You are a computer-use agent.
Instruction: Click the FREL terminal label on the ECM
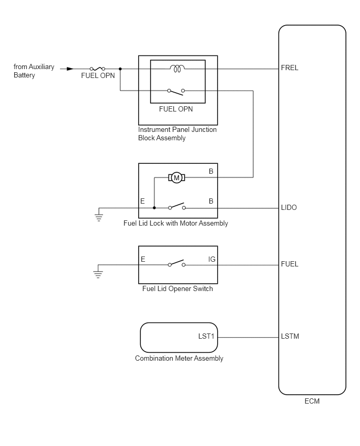[289, 68]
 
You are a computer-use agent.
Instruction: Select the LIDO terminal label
[289, 207]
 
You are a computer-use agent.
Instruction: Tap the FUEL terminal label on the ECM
[289, 264]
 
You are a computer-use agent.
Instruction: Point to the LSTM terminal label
[290, 336]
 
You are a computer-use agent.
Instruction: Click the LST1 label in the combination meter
[206, 336]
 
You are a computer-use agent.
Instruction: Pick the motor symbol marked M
[176, 178]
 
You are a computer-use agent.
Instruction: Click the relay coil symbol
[177, 69]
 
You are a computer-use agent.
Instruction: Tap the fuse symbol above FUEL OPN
[97, 69]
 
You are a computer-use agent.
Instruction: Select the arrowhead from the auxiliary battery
[70, 69]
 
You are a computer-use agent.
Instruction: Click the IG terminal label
[212, 259]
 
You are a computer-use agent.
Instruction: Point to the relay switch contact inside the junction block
[176, 92]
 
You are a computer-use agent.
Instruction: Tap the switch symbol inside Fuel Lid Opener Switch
[176, 263]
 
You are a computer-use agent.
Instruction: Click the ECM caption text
[312, 401]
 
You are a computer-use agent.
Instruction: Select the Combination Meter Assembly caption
[179, 359]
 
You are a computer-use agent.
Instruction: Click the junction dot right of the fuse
[120, 69]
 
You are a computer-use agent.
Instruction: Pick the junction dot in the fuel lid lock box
[154, 208]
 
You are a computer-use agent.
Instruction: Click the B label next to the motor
[211, 171]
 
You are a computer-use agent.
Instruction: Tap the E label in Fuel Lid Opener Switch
[143, 259]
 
